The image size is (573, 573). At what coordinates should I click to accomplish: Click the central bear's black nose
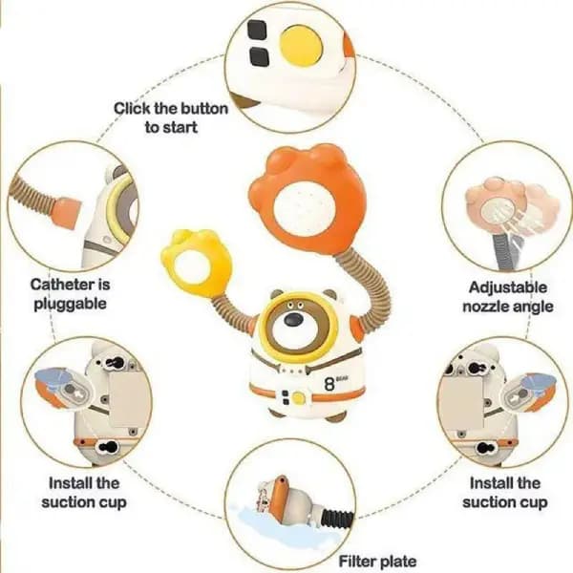(x=294, y=319)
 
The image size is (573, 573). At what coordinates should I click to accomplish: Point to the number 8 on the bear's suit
(x=329, y=384)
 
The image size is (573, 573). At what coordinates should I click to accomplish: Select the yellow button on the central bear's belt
(x=299, y=397)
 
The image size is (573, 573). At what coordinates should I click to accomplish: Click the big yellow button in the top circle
(x=302, y=46)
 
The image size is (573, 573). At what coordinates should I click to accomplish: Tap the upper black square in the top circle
(x=257, y=30)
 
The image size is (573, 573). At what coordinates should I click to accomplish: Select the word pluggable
(x=70, y=305)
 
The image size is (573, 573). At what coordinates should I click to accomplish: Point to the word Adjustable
(x=508, y=287)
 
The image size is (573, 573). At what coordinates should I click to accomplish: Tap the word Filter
(x=356, y=561)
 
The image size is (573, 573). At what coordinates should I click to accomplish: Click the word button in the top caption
(x=204, y=109)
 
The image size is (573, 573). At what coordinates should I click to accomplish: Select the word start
(x=180, y=128)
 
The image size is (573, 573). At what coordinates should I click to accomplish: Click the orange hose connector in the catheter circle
(x=66, y=213)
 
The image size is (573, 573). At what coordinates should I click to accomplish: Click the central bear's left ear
(x=277, y=294)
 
